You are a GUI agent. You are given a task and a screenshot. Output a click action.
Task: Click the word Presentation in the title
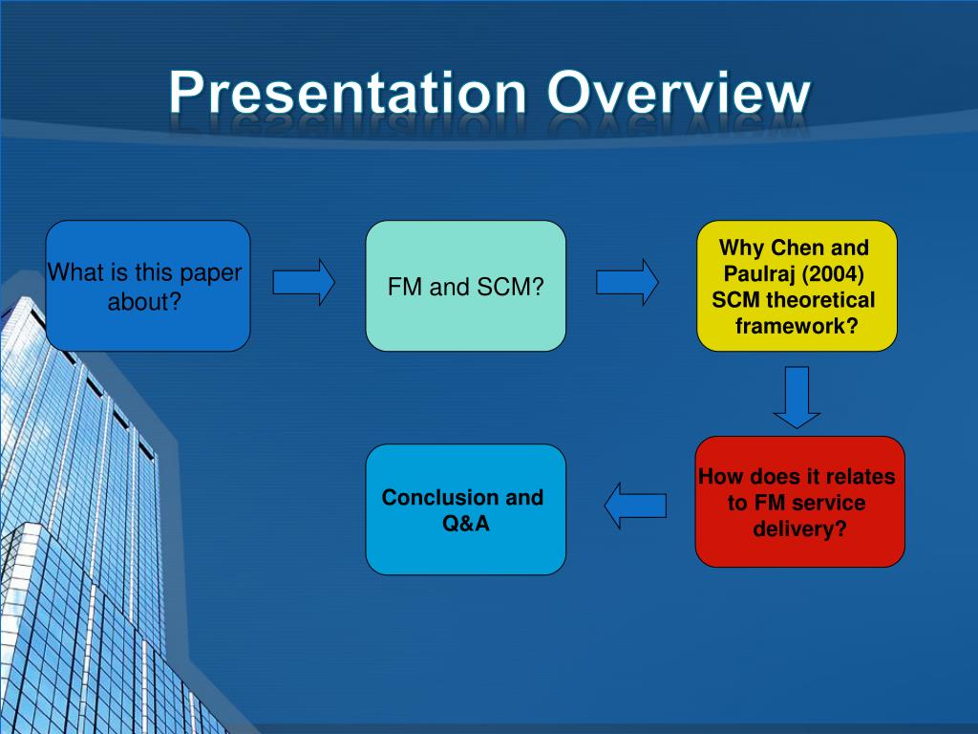(348, 93)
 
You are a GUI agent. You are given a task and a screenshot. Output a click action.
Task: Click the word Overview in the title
(679, 93)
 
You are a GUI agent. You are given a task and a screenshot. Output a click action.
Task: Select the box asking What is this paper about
(148, 286)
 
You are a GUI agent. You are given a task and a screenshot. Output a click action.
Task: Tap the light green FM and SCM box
(466, 286)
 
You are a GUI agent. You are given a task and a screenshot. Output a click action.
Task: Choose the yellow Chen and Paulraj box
(797, 286)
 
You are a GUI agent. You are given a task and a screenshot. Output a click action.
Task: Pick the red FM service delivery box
(799, 502)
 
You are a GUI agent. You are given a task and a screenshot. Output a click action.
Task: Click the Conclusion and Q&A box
(466, 509)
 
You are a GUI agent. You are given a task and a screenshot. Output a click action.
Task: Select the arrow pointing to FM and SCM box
(304, 283)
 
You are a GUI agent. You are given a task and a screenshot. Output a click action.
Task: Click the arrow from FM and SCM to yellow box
(627, 283)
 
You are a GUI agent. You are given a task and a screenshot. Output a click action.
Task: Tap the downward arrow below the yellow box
(797, 398)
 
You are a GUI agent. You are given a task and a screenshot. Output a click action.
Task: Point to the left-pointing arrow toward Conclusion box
(635, 506)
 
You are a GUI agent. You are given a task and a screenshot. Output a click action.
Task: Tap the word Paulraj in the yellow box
(762, 274)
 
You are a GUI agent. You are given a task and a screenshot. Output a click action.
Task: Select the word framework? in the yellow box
(797, 326)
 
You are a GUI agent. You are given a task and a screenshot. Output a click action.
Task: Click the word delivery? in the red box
(799, 529)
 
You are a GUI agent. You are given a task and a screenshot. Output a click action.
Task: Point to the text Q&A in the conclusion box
(466, 524)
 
